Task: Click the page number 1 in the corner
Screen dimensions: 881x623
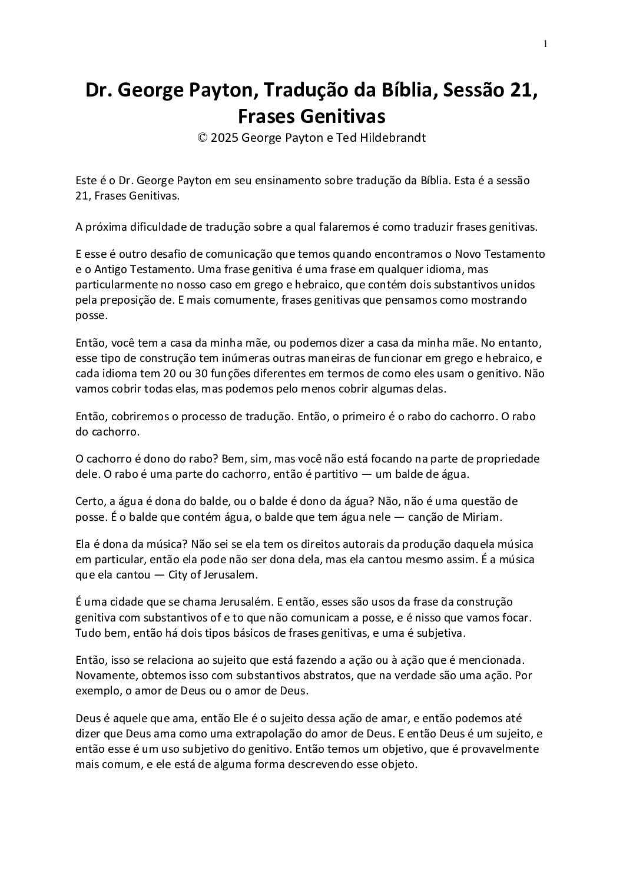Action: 546,43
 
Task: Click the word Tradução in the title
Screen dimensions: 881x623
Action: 305,90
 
